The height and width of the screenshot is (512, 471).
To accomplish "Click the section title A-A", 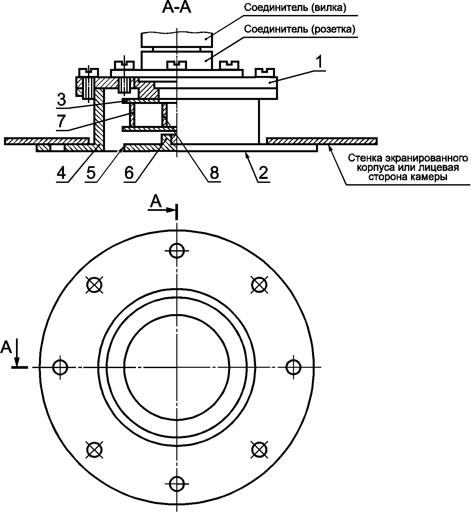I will [177, 8].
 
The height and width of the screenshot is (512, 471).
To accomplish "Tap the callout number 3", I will [61, 100].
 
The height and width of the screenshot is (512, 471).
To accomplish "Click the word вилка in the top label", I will [327, 8].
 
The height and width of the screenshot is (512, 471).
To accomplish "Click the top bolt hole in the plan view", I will [177, 251].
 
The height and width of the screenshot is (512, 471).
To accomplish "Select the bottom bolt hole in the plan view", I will [177, 483].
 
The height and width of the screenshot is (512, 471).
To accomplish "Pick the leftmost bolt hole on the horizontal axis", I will [60, 367].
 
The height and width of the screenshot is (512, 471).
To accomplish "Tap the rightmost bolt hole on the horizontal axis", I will [293, 367].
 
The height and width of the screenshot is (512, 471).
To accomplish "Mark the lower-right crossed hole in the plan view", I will [259, 450].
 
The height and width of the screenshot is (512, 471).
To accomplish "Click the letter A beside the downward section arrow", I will [6, 347].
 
